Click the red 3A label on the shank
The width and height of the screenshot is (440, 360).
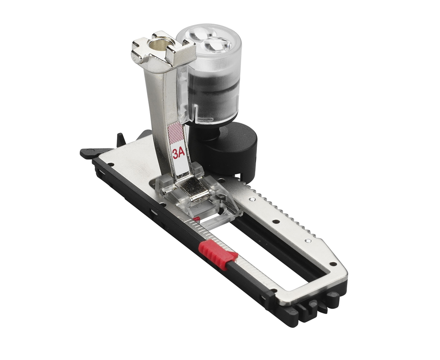179,154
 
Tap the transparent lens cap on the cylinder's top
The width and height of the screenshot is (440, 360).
209,40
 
